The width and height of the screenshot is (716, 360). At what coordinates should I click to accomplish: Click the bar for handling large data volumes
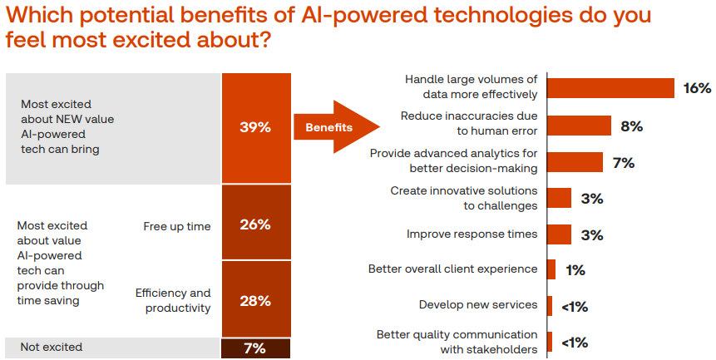610,88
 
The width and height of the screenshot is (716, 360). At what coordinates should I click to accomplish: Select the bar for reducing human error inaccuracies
579,126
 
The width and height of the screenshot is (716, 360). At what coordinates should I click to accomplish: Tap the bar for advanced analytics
575,162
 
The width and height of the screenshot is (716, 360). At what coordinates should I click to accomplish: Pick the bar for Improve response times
560,234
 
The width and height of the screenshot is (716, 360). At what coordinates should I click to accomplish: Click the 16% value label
697,88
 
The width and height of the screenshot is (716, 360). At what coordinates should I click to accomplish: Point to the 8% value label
631,126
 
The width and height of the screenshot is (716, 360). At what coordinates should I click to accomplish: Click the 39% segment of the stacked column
256,128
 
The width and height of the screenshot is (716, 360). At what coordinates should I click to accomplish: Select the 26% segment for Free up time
256,224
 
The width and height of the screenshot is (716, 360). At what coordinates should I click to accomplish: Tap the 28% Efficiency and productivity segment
256,299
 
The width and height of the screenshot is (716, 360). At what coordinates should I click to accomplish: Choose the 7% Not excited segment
256,348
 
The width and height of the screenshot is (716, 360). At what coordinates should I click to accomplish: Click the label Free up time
177,226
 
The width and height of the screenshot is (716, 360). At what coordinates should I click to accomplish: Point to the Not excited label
52,348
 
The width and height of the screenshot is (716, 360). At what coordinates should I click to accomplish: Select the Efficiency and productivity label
173,300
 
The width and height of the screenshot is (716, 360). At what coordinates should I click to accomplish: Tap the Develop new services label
478,305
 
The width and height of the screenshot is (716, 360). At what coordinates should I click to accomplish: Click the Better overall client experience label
453,269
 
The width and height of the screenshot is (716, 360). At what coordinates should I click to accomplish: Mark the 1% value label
575,270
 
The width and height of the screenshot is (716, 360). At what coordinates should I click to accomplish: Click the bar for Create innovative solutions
560,198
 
